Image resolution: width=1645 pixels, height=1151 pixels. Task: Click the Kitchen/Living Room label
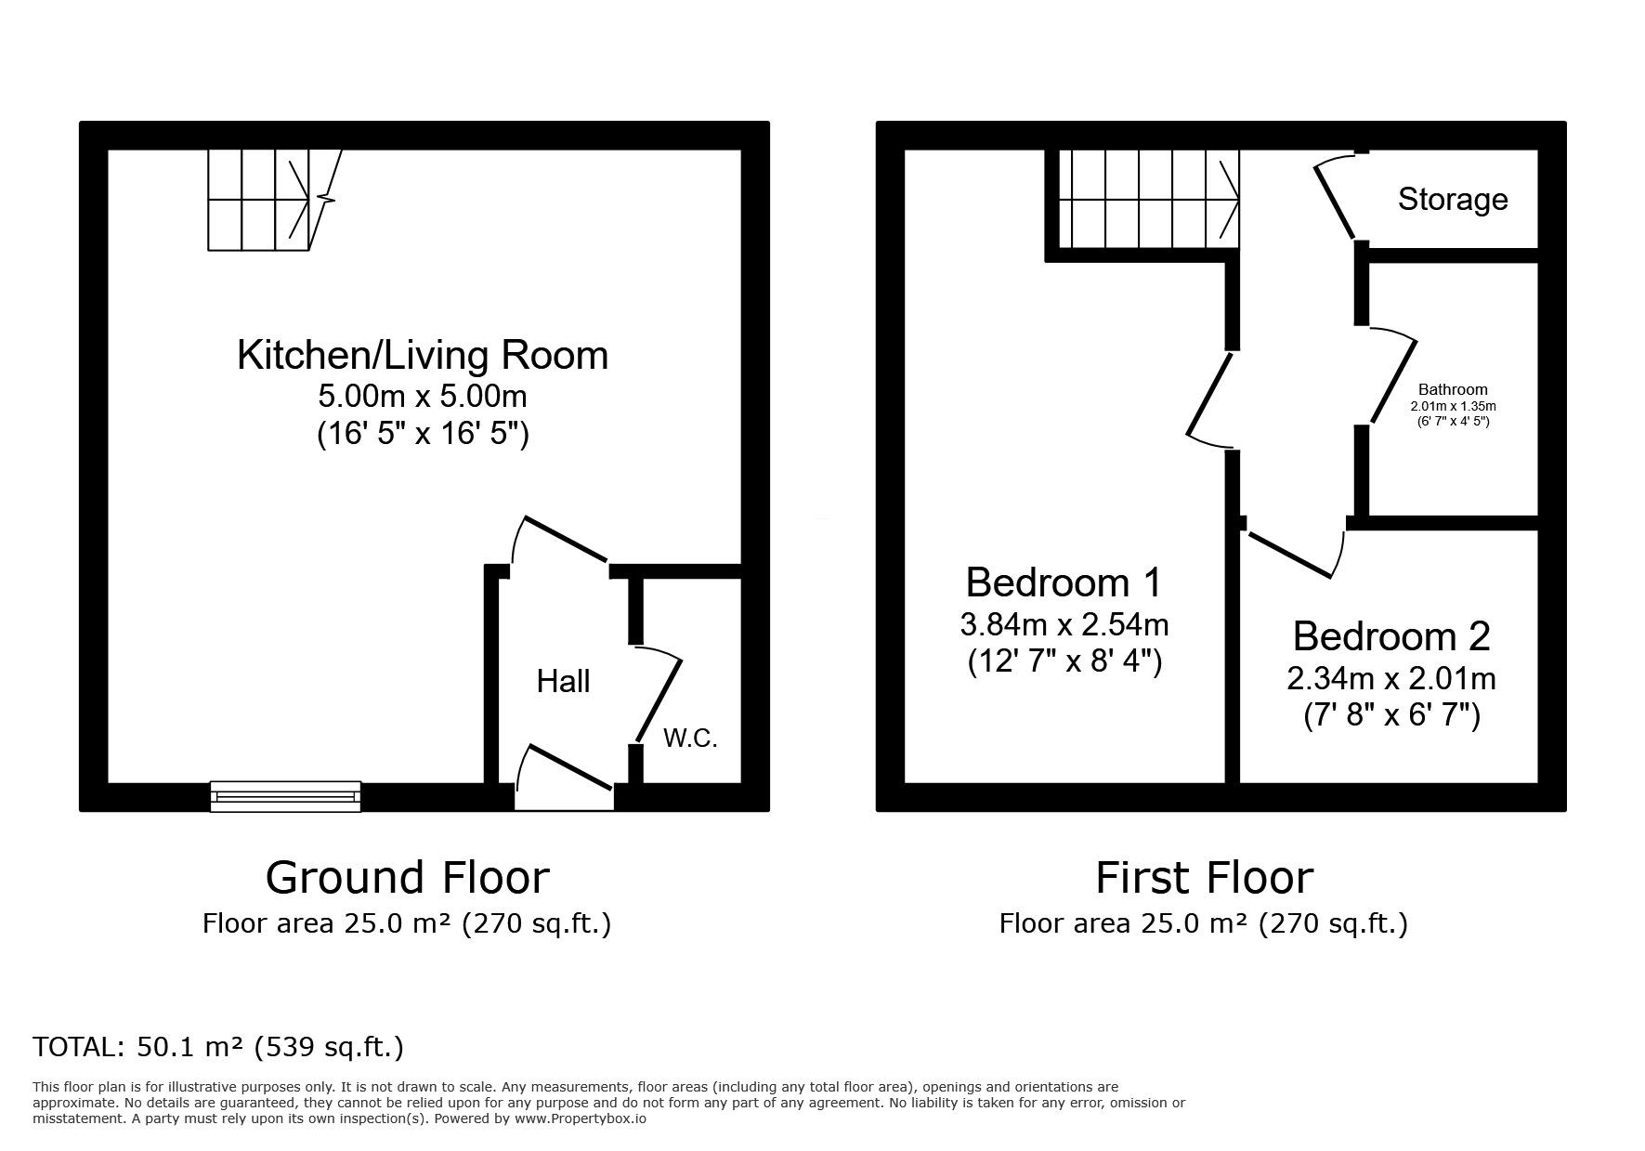point(423,356)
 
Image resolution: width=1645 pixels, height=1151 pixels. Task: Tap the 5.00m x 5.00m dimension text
point(423,397)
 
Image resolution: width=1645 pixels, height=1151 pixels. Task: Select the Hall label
point(563,682)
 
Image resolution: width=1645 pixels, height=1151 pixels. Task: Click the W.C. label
point(690,739)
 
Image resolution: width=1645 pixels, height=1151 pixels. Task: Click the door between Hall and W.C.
point(660,697)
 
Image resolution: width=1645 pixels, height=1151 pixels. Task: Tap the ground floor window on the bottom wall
point(285,796)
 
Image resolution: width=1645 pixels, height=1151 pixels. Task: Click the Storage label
point(1452,200)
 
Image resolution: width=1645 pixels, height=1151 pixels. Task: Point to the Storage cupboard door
point(1336,200)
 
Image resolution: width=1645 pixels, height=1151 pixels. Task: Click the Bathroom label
point(1453,390)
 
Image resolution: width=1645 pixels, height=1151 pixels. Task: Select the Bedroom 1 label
point(1064,583)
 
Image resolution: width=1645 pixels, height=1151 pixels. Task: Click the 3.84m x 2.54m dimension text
point(1064,624)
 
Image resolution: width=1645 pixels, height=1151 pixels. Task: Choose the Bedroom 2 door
point(1291,555)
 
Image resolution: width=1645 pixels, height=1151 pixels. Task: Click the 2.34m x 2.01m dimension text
point(1390,679)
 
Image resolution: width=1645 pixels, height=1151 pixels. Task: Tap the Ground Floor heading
point(407,878)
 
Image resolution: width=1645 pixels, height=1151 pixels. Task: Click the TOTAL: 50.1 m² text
point(218,1047)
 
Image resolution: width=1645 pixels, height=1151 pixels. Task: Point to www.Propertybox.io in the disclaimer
point(581,1119)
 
